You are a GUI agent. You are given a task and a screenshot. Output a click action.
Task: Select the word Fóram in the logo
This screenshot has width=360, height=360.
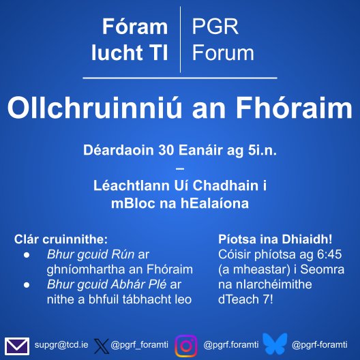tap(134, 27)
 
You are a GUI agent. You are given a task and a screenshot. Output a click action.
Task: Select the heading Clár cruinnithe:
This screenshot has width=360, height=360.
tap(61, 240)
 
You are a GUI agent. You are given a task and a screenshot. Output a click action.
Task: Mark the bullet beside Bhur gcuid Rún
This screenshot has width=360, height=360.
tap(26, 255)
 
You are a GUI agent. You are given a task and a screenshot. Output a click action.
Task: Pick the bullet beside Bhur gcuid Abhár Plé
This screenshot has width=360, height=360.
tap(26, 284)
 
